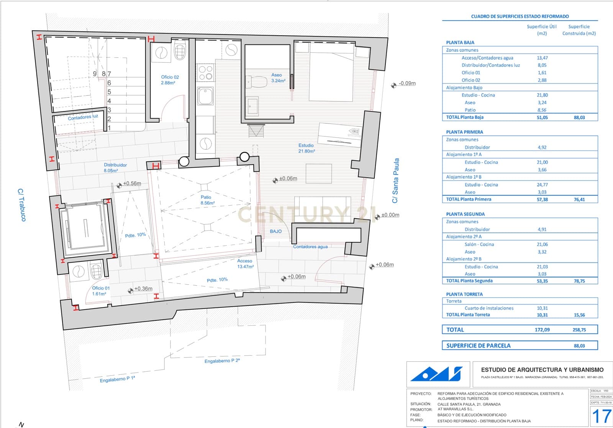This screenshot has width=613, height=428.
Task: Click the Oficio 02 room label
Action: coord(170,80)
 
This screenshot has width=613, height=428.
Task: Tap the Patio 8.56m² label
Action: coord(207,200)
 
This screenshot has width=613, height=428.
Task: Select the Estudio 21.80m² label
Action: coord(306,148)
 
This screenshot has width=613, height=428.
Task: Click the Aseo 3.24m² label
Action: coord(277,78)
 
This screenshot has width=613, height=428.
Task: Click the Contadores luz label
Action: coord(83,117)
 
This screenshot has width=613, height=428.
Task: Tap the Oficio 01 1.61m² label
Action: coord(100,291)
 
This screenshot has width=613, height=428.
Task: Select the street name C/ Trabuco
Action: coord(22,204)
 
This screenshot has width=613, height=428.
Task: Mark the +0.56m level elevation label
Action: coord(132,184)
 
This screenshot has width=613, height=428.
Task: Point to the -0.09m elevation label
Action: coord(406,83)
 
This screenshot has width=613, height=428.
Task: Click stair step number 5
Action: coord(109,92)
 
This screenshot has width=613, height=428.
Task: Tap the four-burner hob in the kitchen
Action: coord(205,73)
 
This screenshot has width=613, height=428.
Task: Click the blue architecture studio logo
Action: coord(437,374)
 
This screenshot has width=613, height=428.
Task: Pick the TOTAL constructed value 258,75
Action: coord(579,330)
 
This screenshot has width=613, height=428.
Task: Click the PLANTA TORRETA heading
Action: coord(464,294)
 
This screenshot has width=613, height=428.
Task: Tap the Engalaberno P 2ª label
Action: coord(222,361)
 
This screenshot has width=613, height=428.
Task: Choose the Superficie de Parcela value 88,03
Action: coord(579,346)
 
